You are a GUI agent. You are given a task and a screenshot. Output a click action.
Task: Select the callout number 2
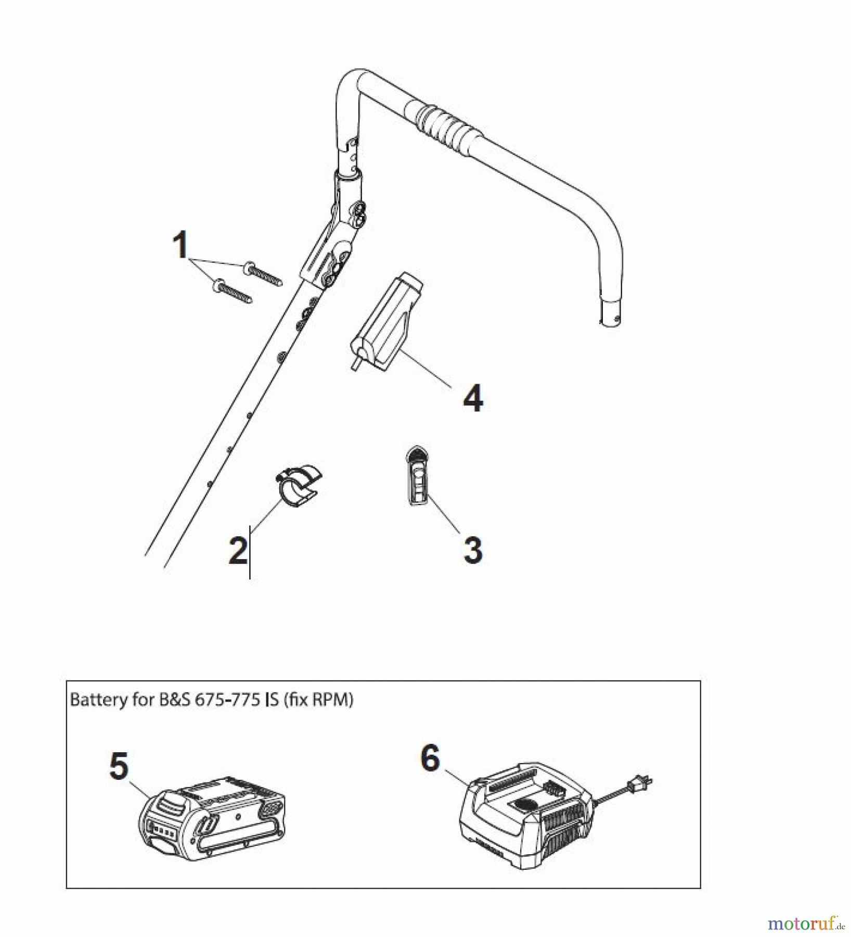click(x=238, y=551)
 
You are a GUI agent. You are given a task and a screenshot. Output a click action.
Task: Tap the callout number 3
click(x=473, y=550)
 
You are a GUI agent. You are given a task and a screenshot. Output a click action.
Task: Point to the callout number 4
click(x=473, y=399)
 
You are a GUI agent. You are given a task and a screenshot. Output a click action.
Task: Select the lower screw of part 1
click(x=232, y=291)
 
